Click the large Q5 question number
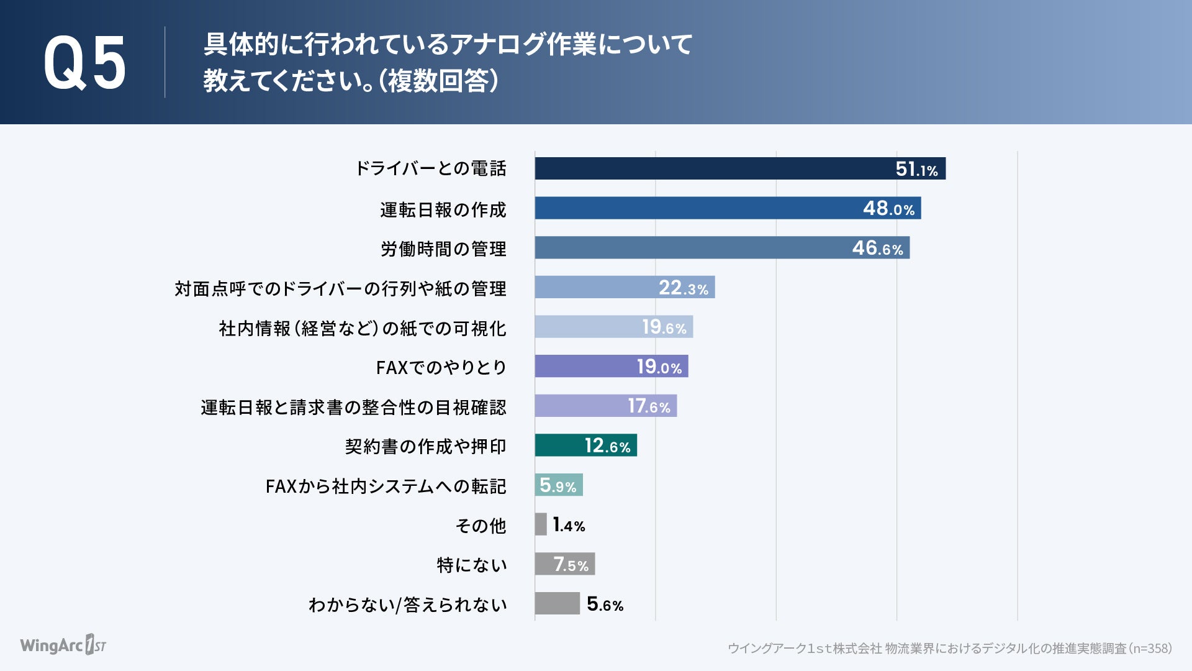85,63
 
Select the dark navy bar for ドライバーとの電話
714,168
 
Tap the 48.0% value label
888,208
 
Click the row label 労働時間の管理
443,249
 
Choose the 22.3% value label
683,288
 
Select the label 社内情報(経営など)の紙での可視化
362,328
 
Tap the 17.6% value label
649,406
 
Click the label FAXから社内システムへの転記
386,486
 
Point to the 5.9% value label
558,485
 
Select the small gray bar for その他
541,524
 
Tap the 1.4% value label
569,525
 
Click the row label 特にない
472,565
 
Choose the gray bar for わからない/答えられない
557,603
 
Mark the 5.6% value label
605,604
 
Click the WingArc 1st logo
63,645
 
